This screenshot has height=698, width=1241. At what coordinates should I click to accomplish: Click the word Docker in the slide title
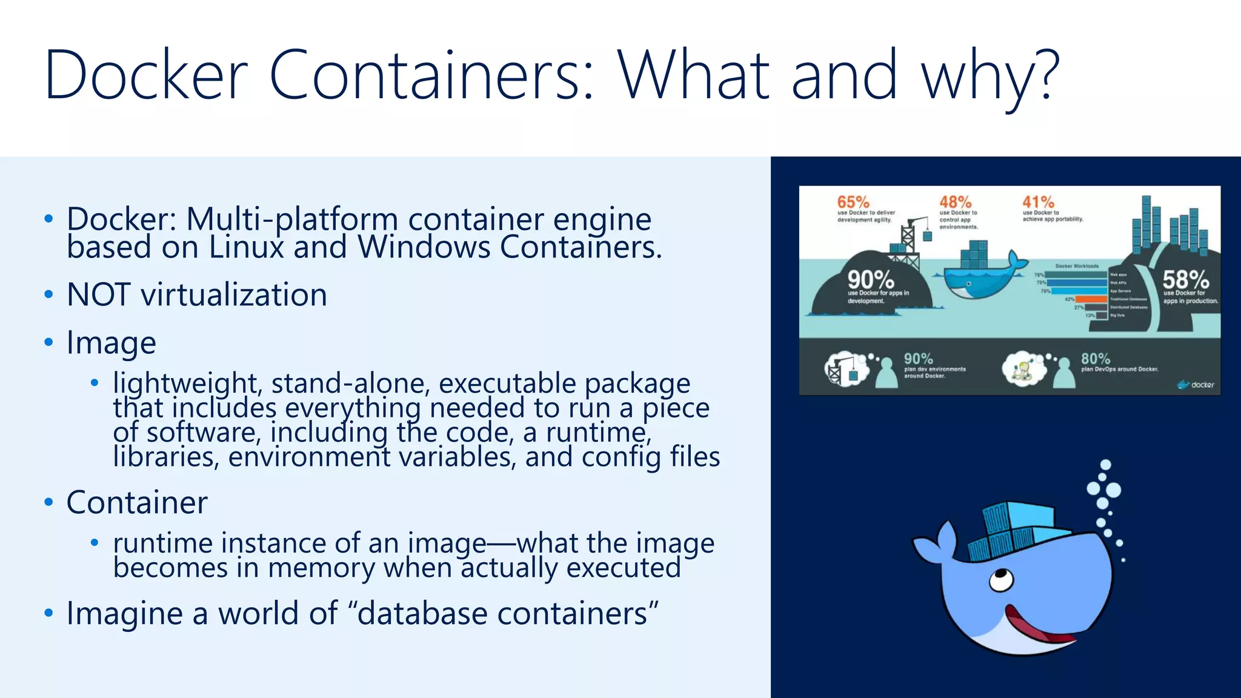click(x=146, y=75)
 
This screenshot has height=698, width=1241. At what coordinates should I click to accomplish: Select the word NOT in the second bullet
click(x=98, y=295)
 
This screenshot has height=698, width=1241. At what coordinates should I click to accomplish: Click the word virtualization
click(x=234, y=295)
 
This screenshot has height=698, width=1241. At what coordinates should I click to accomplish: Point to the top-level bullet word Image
click(x=111, y=343)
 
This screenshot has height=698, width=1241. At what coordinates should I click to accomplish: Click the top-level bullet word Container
click(x=137, y=502)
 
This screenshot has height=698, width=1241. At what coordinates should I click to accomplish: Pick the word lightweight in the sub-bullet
click(x=187, y=383)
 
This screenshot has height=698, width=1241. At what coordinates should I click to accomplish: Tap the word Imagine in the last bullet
click(x=124, y=613)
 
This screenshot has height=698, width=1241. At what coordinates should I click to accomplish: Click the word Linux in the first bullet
click(x=246, y=247)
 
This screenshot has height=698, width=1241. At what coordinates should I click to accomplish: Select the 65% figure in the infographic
click(x=853, y=202)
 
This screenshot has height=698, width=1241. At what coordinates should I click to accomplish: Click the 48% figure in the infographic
click(x=956, y=202)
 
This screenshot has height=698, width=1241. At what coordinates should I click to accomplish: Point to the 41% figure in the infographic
click(x=1039, y=202)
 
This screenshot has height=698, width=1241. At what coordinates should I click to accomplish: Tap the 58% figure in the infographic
click(x=1185, y=280)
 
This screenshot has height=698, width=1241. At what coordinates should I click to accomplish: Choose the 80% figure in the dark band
click(x=1096, y=359)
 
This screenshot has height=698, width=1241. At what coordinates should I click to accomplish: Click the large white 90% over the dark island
click(x=871, y=280)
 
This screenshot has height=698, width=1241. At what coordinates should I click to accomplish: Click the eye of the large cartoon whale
click(x=1001, y=579)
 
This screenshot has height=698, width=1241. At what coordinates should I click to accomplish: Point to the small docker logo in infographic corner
click(x=1196, y=385)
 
